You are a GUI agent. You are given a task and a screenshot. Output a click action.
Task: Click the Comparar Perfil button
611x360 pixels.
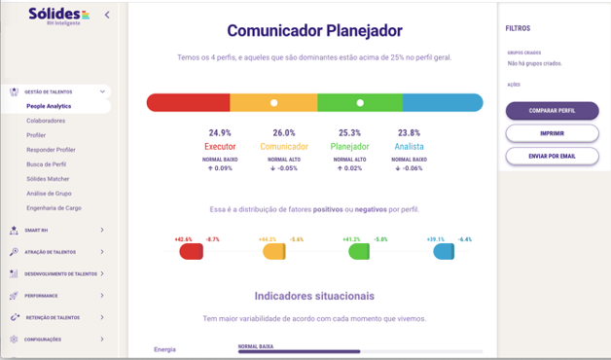552,111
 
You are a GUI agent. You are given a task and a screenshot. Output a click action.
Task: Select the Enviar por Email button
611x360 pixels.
552,156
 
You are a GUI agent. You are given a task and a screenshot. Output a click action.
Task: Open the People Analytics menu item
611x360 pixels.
49,106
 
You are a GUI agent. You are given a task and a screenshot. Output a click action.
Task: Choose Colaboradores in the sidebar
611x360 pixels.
45,121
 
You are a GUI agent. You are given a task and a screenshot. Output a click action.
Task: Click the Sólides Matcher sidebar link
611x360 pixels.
48,179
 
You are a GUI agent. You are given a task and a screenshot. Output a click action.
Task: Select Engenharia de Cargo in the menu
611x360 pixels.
54,208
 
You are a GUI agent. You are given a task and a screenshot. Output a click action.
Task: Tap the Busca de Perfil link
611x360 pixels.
47,164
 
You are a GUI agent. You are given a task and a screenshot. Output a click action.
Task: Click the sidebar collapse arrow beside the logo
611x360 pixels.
107,15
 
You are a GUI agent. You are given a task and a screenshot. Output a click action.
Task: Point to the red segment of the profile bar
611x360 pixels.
188,102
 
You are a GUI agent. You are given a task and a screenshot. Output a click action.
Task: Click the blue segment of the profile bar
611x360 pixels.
443,102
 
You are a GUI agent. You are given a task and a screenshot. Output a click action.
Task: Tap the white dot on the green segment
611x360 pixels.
360,102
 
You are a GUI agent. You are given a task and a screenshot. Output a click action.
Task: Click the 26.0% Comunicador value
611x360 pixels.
284,132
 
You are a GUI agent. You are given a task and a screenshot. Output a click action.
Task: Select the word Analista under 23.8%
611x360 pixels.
410,147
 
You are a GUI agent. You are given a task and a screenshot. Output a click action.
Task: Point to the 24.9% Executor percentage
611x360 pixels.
220,132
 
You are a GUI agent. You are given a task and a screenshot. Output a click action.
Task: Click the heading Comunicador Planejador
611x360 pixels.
314,31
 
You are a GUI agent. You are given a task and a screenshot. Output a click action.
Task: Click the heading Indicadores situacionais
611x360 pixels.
314,296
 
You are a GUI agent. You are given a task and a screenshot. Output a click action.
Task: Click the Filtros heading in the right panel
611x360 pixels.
518,29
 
